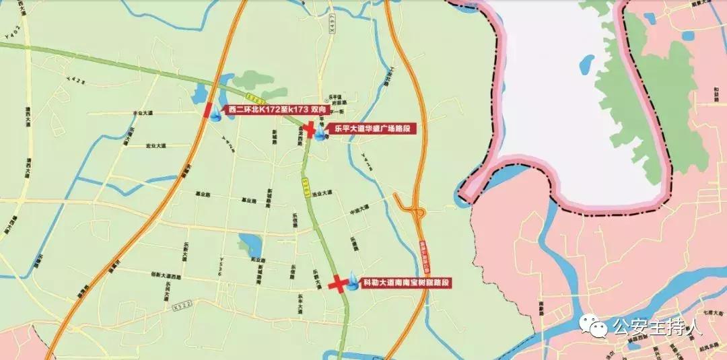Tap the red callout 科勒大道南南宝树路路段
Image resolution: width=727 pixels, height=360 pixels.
point(405,283)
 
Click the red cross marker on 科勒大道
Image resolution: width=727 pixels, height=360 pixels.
point(338,285)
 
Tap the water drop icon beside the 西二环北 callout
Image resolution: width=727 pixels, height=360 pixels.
point(216,116)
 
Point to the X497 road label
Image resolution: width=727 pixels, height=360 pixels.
point(333,25)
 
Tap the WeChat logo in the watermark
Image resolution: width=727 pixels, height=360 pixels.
point(595,328)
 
